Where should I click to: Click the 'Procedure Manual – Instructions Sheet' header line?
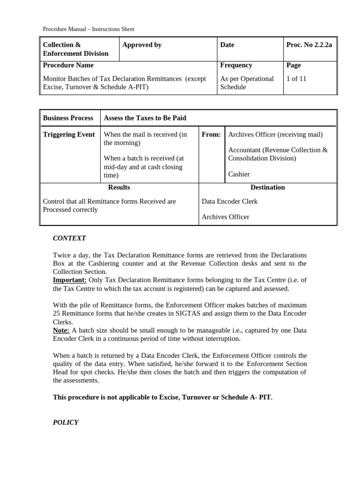pyautogui.click(x=89, y=29)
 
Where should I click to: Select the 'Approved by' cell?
pyautogui.click(x=142, y=45)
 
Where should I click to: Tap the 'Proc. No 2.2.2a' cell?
pyautogui.click(x=309, y=45)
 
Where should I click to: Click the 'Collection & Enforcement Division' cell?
pyautogui.click(x=75, y=49)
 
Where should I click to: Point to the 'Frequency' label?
pyautogui.click(x=236, y=65)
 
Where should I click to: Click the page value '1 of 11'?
pyautogui.click(x=296, y=79)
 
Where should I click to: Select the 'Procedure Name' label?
pyautogui.click(x=68, y=65)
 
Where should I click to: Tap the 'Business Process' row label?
pyautogui.click(x=68, y=118)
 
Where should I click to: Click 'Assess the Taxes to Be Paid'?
pyautogui.click(x=145, y=118)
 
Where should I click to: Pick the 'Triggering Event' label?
pyautogui.click(x=69, y=135)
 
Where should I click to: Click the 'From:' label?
pyautogui.click(x=211, y=135)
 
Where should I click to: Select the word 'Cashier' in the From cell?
pyautogui.click(x=239, y=174)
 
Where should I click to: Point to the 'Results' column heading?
pyautogui.click(x=119, y=187)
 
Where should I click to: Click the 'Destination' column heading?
pyautogui.click(x=268, y=187)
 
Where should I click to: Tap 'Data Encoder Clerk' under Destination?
pyautogui.click(x=230, y=202)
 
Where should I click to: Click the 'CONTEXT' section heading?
pyautogui.click(x=69, y=238)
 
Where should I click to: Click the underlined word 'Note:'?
pyautogui.click(x=61, y=330)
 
